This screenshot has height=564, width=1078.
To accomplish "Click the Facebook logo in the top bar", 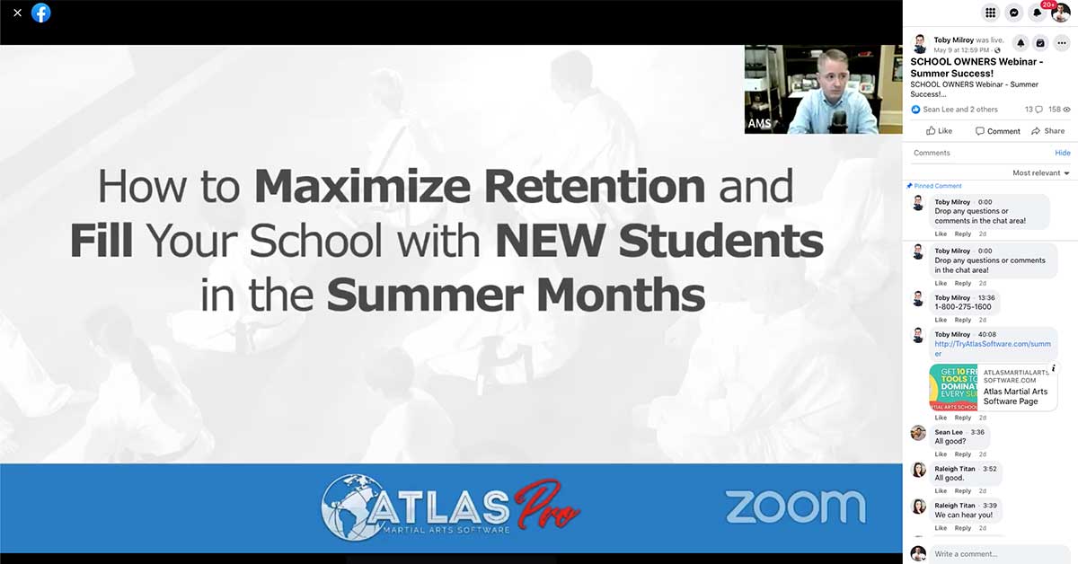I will pyautogui.click(x=41, y=13).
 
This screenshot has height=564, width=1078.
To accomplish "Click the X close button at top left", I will pyautogui.click(x=17, y=13).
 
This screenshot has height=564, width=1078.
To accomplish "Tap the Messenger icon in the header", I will pyautogui.click(x=1013, y=13).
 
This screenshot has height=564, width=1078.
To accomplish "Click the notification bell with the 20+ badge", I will pyautogui.click(x=1038, y=13).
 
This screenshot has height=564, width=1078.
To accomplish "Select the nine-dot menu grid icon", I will pyautogui.click(x=990, y=13).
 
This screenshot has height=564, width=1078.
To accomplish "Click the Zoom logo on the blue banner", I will pyautogui.click(x=795, y=507).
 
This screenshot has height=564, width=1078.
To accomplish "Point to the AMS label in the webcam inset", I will pyautogui.click(x=760, y=123).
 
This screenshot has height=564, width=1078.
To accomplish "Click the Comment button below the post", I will pyautogui.click(x=997, y=131).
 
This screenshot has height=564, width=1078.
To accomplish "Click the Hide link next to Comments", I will pyautogui.click(x=1062, y=153).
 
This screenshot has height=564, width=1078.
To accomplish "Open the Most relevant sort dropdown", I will pyautogui.click(x=1041, y=172).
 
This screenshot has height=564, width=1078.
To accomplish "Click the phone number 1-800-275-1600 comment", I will pyautogui.click(x=963, y=307).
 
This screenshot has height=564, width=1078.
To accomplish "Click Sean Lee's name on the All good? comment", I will pyautogui.click(x=948, y=432).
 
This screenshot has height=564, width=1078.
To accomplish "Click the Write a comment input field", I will pyautogui.click(x=997, y=553).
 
